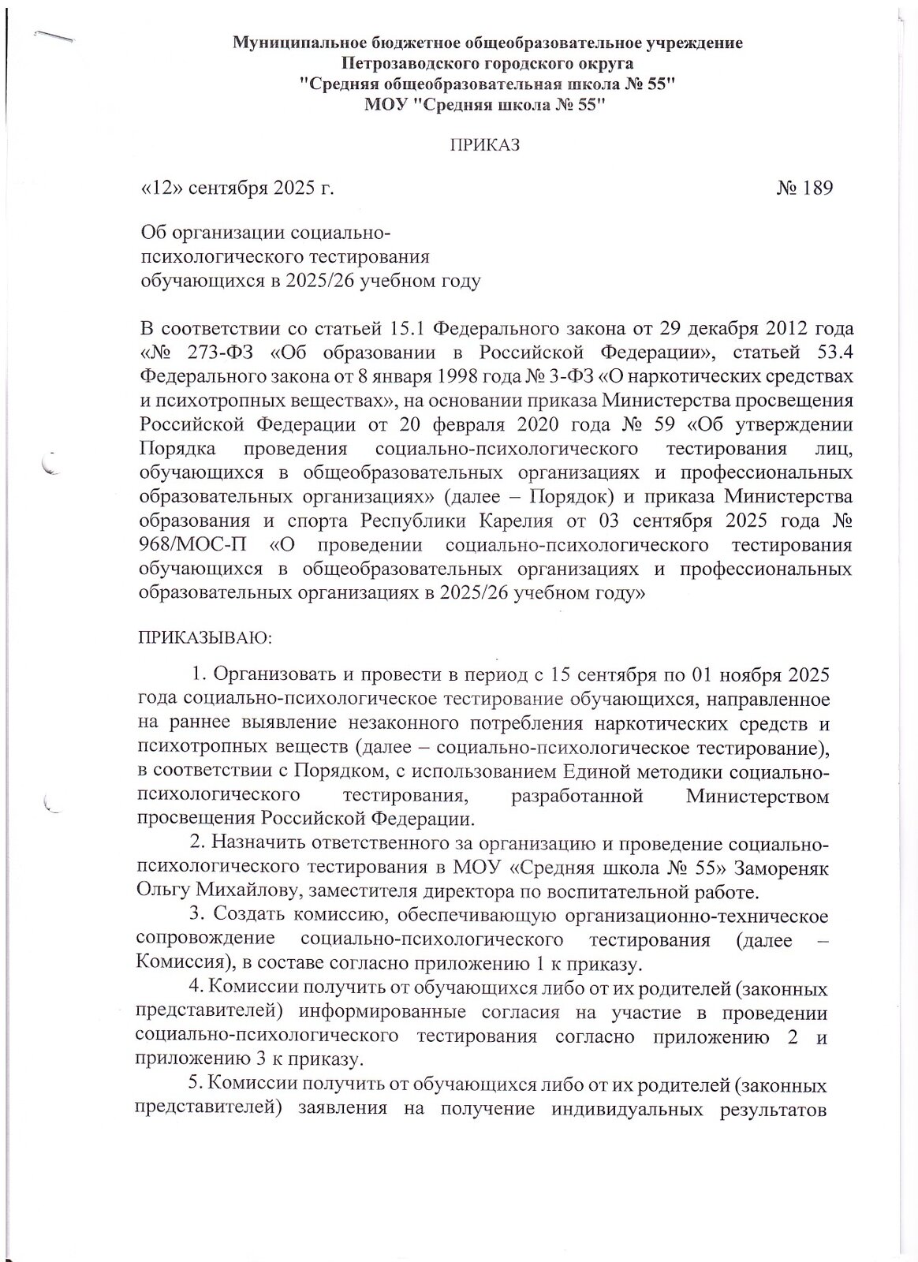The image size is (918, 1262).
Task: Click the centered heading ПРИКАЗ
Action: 485,144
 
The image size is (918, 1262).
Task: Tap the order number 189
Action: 815,189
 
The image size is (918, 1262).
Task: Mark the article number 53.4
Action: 826,349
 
